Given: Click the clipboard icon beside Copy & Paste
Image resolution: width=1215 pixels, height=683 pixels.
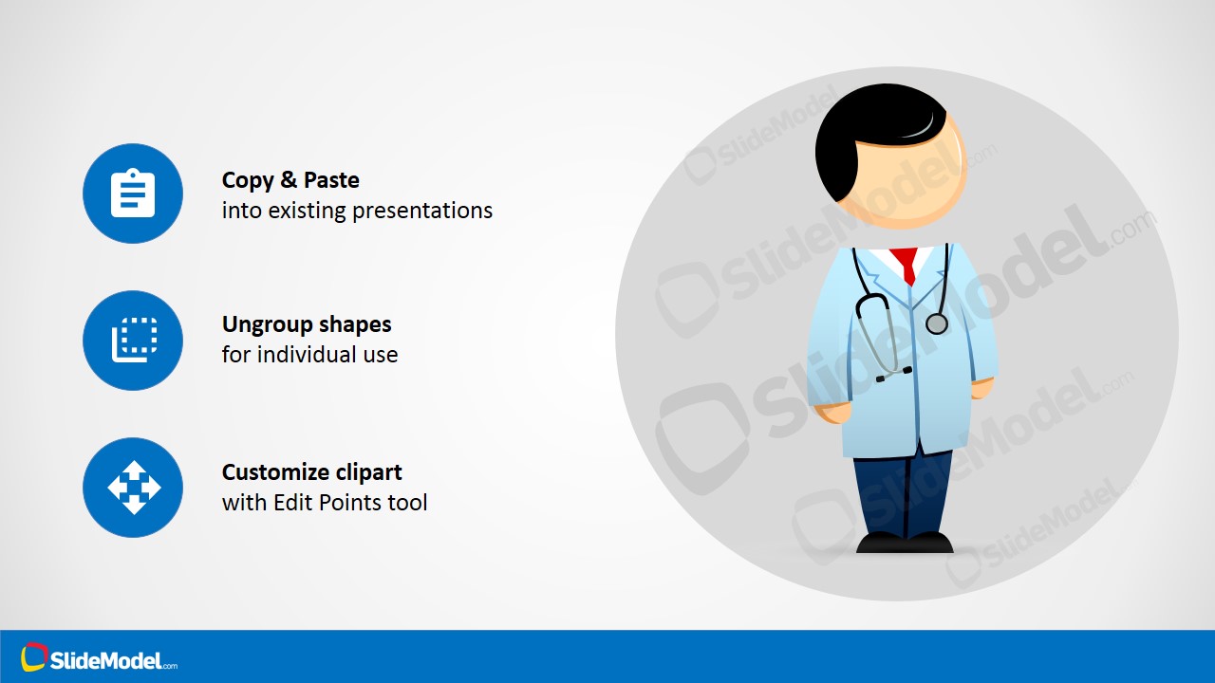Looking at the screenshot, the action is [x=133, y=193].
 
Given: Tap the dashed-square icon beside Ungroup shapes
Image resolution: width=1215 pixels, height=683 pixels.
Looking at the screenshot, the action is [x=135, y=340].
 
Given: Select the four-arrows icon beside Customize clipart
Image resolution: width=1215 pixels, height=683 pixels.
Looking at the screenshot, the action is [x=134, y=488].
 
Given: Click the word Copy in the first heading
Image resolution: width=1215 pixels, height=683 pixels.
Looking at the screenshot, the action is [x=248, y=180].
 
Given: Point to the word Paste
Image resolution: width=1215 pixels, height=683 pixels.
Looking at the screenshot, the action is [x=331, y=180].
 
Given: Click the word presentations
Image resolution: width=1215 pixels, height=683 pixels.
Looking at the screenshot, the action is [x=422, y=211].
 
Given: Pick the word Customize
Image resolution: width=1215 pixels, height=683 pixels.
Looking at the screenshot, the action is [x=275, y=472].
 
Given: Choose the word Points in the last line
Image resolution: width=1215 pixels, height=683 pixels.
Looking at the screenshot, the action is [x=350, y=503].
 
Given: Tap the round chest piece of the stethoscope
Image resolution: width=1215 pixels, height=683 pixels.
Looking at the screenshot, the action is [x=936, y=323].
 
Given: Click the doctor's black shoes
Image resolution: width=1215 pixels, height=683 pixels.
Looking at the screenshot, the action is [x=905, y=543].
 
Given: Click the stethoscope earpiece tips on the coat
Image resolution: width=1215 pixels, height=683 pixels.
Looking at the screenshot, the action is [x=894, y=374].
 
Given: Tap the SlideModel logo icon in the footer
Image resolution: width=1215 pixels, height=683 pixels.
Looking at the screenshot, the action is [x=33, y=657].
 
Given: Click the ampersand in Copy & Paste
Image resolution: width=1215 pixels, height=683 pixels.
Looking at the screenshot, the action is [x=289, y=180].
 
